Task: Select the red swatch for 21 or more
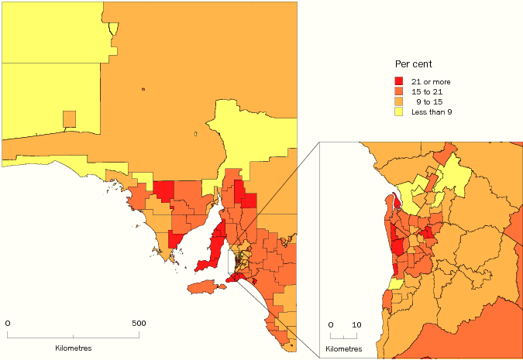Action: (399, 81)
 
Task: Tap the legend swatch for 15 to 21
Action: (399, 91)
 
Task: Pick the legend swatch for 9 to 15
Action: (399, 101)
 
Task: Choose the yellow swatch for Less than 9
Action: (399, 111)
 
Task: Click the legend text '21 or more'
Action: (431, 81)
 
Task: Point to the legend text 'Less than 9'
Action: (432, 111)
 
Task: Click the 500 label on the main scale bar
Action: (139, 322)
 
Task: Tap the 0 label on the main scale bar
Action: (8, 322)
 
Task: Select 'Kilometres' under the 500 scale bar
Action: (74, 348)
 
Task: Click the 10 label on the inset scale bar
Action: (356, 324)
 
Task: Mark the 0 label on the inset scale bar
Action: (331, 324)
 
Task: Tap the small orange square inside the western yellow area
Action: (70, 118)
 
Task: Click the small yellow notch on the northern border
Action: (114, 29)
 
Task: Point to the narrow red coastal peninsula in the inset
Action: (397, 202)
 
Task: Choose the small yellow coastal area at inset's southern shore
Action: (395, 284)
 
